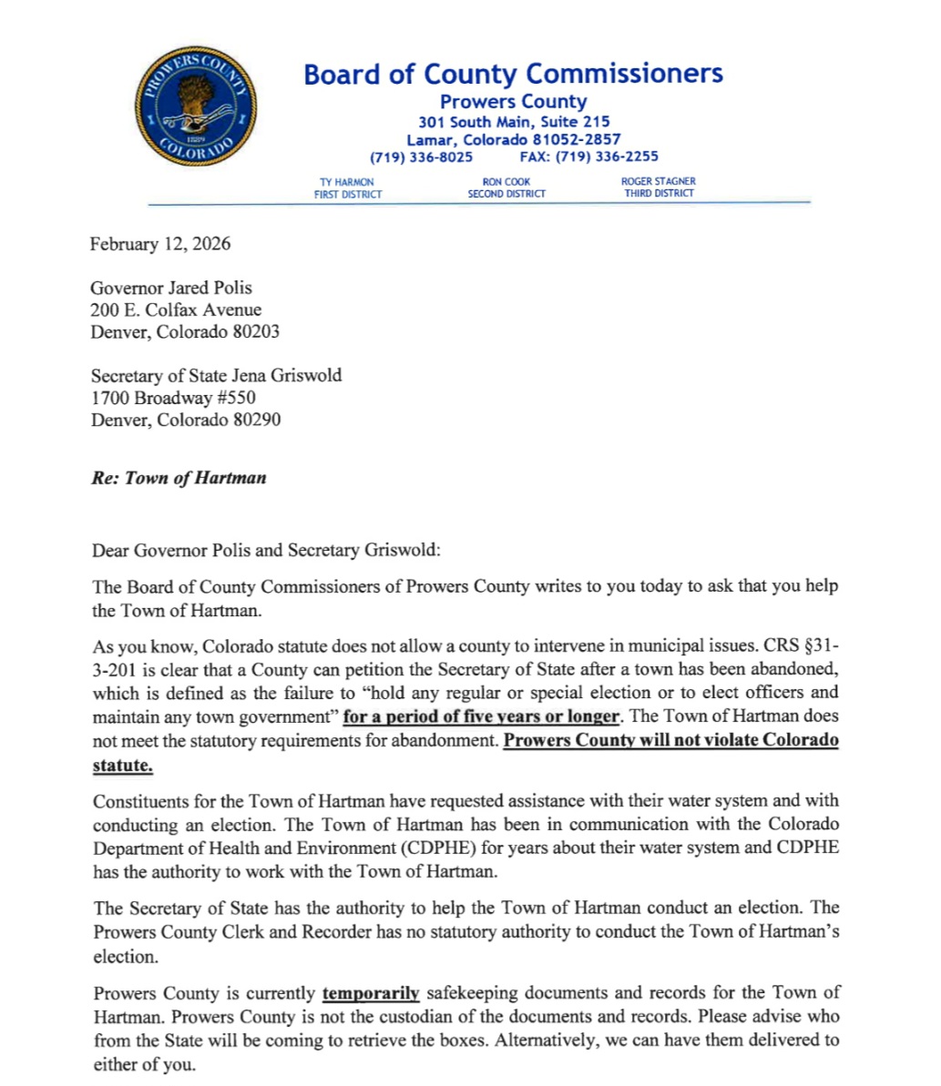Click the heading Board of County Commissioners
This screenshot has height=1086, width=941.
point(513,74)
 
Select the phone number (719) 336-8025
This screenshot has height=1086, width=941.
point(421,157)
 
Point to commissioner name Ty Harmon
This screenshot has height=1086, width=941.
point(347,182)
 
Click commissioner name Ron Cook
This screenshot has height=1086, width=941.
point(506,182)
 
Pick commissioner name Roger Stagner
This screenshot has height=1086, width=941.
point(658,181)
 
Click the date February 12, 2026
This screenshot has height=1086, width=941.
point(160,244)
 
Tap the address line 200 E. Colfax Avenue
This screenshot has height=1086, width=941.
point(176,310)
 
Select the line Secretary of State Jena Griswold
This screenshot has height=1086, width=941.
point(216,375)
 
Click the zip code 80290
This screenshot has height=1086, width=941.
point(257,420)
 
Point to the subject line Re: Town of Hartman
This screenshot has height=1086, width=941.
point(179,478)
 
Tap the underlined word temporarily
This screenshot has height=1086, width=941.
point(371,993)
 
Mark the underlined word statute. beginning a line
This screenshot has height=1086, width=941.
point(123,766)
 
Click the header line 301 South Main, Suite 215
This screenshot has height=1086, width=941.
point(514,121)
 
